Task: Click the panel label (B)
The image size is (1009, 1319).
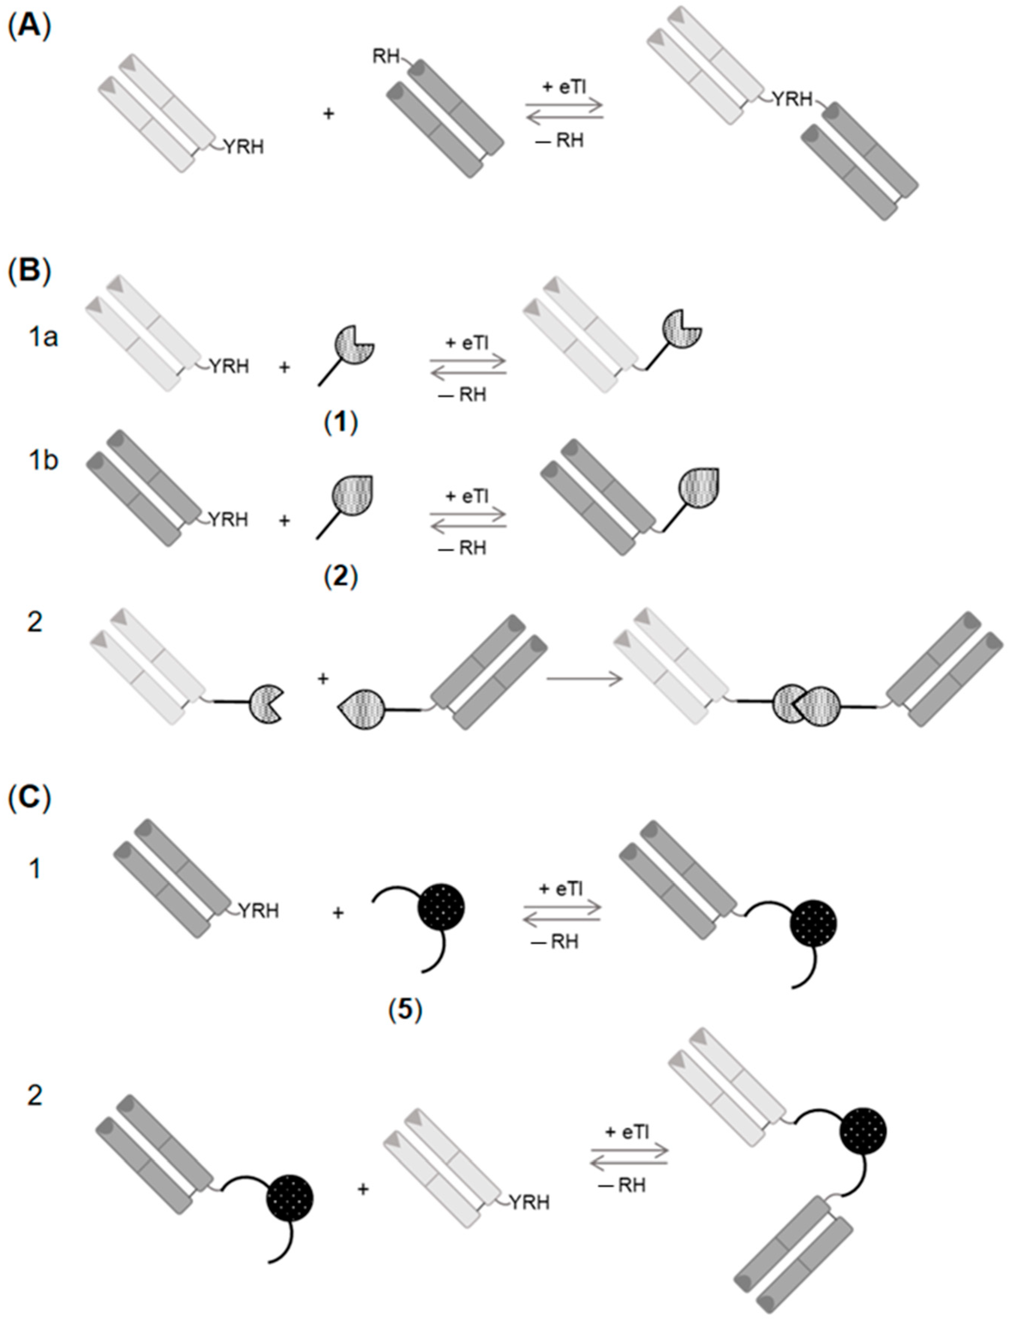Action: click(x=28, y=271)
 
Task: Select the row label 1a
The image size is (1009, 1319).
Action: click(x=43, y=338)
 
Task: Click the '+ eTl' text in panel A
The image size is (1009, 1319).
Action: click(x=564, y=88)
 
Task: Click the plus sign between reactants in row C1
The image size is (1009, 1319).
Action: click(x=338, y=913)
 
